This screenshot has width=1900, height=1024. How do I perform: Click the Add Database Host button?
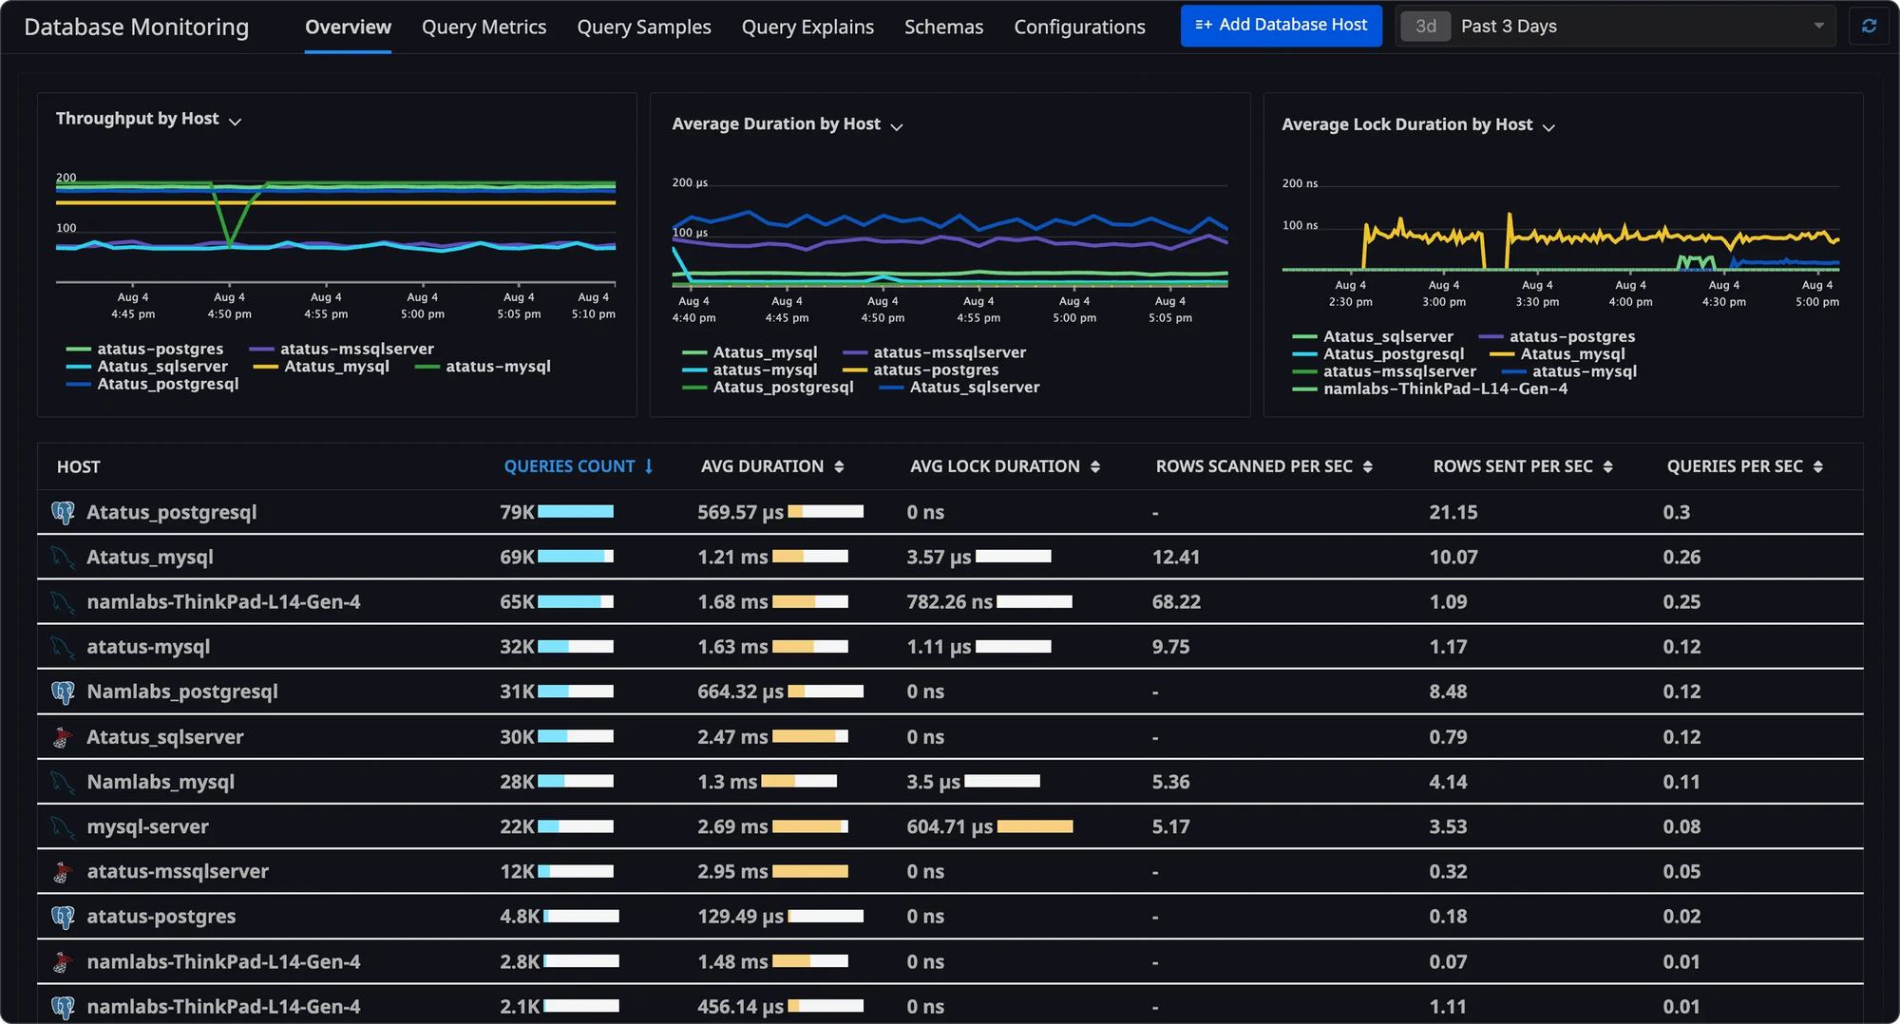(1281, 26)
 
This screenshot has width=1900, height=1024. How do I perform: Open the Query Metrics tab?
(484, 27)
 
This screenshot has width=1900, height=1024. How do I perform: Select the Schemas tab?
(943, 27)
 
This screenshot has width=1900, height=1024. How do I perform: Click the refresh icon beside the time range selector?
(1869, 27)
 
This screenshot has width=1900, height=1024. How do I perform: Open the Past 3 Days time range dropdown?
(1615, 27)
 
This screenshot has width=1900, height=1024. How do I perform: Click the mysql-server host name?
(147, 826)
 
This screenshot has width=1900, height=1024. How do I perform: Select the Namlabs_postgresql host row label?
(182, 692)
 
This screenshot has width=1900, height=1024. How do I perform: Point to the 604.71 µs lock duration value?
(949, 826)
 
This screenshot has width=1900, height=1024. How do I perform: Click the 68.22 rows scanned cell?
(1176, 601)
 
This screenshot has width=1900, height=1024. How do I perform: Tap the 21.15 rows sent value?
(1453, 512)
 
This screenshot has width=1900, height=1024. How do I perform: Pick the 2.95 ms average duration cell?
(732, 871)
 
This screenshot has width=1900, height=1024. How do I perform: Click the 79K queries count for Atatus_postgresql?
(517, 512)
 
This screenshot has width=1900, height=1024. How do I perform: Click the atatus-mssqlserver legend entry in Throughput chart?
(356, 349)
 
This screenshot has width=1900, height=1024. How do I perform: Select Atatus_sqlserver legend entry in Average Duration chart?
(974, 387)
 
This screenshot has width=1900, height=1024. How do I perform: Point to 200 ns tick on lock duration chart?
(1300, 183)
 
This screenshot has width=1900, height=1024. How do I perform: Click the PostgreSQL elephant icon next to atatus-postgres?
(63, 917)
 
